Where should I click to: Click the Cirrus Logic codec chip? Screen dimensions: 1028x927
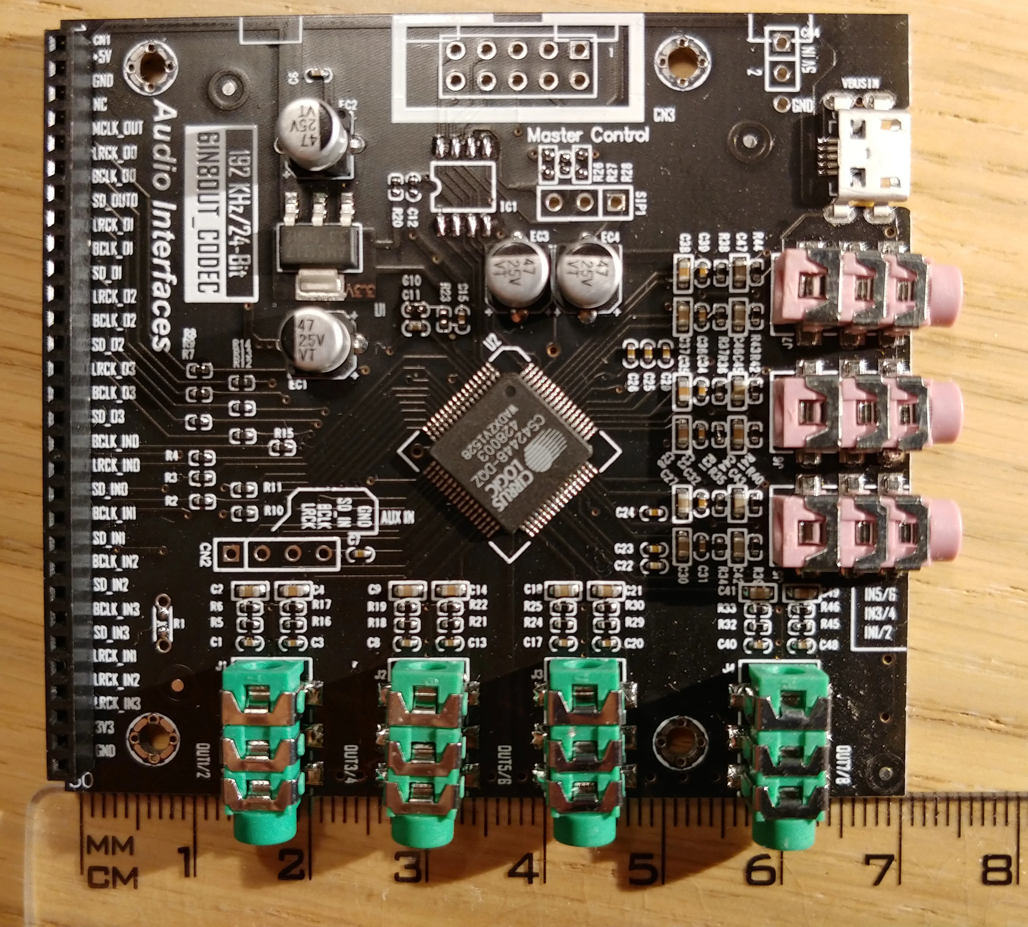click(x=509, y=453)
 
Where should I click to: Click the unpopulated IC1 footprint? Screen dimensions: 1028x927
click(x=464, y=186)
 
